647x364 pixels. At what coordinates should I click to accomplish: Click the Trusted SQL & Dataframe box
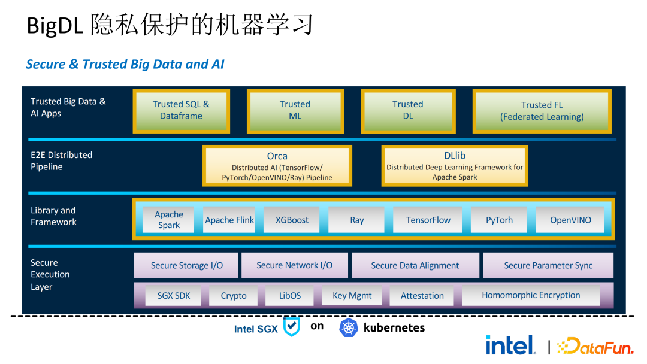point(181,110)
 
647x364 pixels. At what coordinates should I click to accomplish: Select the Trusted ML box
point(295,110)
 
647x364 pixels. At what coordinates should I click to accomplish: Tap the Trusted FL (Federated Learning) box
point(542,111)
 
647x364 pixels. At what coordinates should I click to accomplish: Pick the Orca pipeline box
point(277,166)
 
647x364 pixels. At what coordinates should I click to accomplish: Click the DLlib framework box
point(455,166)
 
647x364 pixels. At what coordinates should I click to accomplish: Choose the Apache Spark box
point(169,220)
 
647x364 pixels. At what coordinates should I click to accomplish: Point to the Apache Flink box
point(229,220)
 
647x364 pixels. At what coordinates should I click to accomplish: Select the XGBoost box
point(292,220)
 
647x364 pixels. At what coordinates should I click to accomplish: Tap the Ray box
point(356,220)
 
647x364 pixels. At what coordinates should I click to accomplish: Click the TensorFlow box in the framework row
point(428,220)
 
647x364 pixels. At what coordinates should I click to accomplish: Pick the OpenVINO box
point(570,220)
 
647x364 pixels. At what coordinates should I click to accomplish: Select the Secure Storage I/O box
point(186,265)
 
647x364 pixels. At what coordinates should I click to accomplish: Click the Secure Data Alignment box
point(415,265)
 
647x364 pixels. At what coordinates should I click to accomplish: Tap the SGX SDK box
point(174,295)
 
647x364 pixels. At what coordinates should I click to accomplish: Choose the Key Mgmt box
point(352,295)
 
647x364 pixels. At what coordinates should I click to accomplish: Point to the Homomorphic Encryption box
point(531,295)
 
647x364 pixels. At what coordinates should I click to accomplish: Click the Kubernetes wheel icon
point(349,327)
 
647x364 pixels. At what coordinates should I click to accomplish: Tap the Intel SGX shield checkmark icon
point(291,327)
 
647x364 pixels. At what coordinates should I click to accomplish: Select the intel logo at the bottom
point(510,345)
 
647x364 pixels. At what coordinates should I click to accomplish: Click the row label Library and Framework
point(53,216)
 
